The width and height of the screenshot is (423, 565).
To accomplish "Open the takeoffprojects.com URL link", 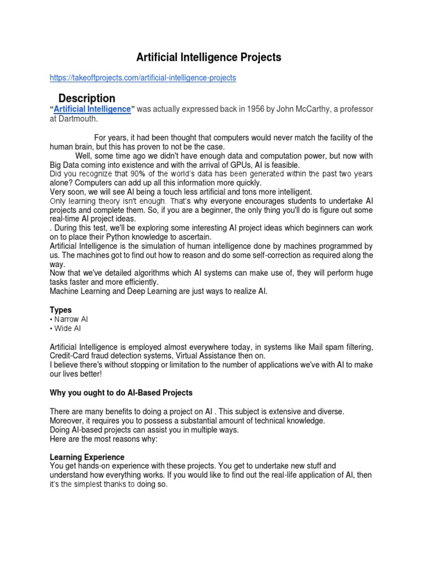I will click(143, 78).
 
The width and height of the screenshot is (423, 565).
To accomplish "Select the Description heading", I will click(86, 98).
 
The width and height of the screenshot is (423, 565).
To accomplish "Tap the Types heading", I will click(61, 310).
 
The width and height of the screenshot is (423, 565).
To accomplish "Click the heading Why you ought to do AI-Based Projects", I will click(121, 392).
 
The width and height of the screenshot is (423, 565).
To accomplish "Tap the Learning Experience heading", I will click(87, 457).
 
